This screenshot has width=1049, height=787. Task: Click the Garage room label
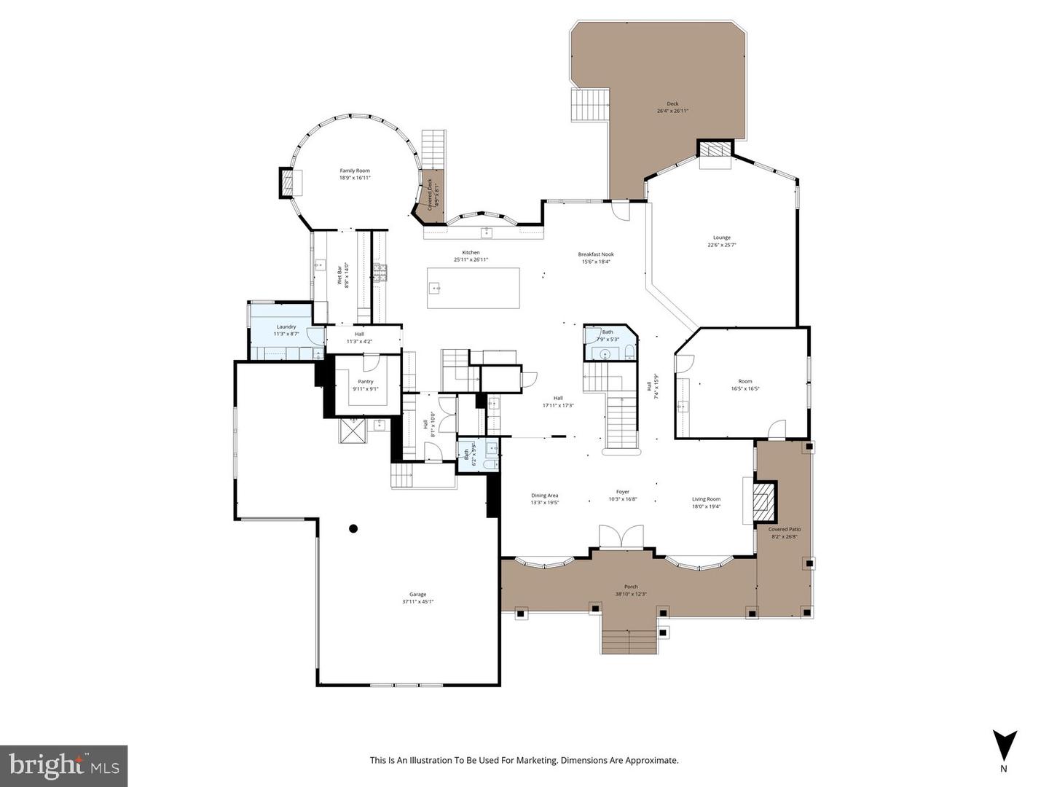coord(417,594)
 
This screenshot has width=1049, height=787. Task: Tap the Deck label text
coord(672,103)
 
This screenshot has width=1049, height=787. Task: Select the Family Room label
coord(355,171)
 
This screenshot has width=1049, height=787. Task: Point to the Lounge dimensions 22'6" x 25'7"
coord(721,245)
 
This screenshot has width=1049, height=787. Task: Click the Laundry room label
coord(286,326)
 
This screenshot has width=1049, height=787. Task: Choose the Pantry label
coord(365,381)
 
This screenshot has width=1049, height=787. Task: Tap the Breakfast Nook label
coord(594,254)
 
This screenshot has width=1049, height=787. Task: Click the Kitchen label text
coord(471,252)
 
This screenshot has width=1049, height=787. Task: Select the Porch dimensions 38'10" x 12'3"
coord(631,594)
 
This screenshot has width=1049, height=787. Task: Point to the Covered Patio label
coord(784,529)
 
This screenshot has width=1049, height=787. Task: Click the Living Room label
coord(706,499)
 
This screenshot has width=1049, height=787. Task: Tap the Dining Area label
coord(544,496)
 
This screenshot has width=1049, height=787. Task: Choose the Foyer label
coord(622,492)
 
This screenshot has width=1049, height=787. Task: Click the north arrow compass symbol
coord(1004,745)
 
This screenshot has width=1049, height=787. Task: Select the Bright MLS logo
coord(64,765)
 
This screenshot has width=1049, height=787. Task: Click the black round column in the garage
coord(353,528)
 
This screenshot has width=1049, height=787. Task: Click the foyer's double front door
coord(621,536)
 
